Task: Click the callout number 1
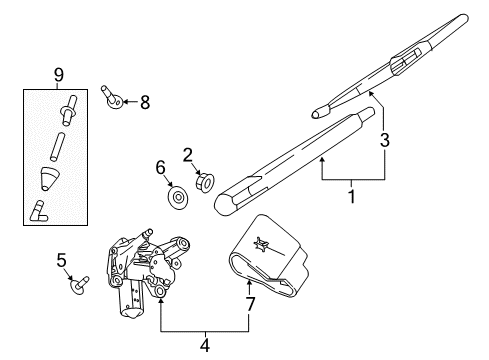coord(351,197)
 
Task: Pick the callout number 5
coord(61,261)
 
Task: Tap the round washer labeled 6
coord(178,196)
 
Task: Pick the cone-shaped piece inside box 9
coord(49,178)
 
